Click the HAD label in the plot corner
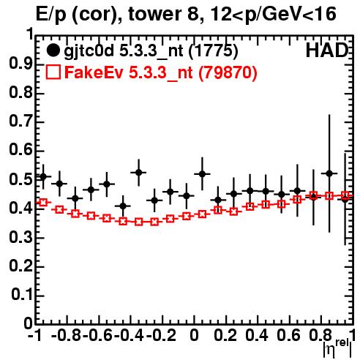[x=327, y=50]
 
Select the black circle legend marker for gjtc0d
[x=53, y=50]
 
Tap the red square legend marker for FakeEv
[x=53, y=72]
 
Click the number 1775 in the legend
[x=213, y=50]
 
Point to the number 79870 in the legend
[x=230, y=72]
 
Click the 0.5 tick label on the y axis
[x=20, y=179]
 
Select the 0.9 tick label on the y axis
[x=20, y=64]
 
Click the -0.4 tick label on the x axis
[x=129, y=336]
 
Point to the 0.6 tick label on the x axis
[x=288, y=336]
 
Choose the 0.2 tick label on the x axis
[x=225, y=336]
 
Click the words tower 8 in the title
[x=166, y=14]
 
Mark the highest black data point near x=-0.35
[x=138, y=173]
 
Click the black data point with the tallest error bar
[x=329, y=173]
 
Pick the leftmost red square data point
[x=43, y=202]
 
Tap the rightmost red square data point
[x=345, y=195]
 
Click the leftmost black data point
[x=43, y=176]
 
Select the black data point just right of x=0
[x=202, y=174]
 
